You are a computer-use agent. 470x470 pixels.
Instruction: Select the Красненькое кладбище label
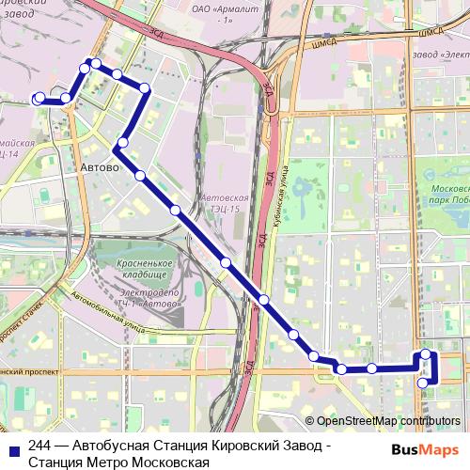tap(146, 269)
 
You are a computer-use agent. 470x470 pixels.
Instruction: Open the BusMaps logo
tap(424, 449)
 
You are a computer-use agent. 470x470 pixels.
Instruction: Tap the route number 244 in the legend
tap(40, 446)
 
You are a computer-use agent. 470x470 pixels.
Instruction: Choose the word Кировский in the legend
tap(239, 446)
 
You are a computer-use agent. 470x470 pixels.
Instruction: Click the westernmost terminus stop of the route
tap(39, 98)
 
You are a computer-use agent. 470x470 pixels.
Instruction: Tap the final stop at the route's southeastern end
tap(423, 383)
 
